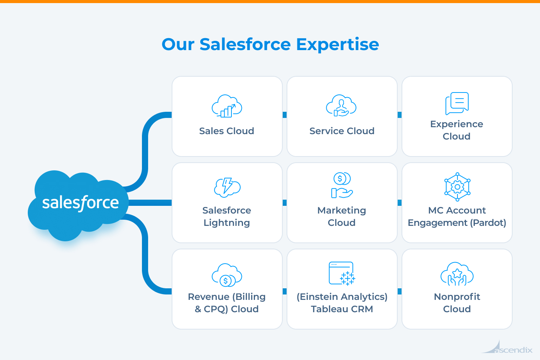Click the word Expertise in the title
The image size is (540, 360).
[337, 45]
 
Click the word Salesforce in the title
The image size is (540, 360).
[245, 45]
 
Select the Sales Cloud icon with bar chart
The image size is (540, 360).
[227, 106]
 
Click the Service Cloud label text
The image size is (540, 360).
[342, 131]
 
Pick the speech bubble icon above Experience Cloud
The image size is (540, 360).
[457, 103]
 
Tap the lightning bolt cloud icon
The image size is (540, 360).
[227, 187]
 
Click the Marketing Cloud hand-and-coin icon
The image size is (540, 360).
[342, 185]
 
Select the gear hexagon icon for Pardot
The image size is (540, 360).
[457, 187]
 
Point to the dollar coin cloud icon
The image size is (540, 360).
[227, 275]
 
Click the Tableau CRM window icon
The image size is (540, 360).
[342, 273]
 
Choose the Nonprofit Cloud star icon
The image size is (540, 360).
[457, 274]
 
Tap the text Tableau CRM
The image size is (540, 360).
[342, 309]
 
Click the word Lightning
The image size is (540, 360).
[227, 223]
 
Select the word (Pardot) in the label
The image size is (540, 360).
[488, 223]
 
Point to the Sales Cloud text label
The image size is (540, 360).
[227, 131]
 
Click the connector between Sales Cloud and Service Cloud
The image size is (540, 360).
[285, 115]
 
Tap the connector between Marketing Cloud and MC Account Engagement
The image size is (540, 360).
[400, 203]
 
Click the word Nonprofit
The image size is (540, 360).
[457, 297]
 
